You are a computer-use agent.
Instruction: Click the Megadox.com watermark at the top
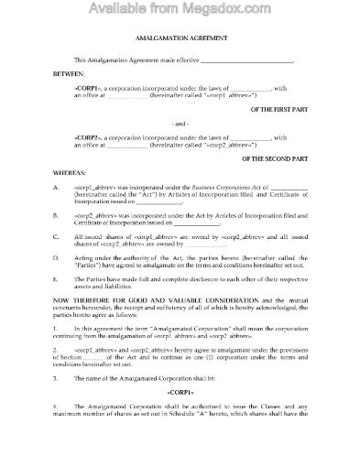[180, 11]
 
